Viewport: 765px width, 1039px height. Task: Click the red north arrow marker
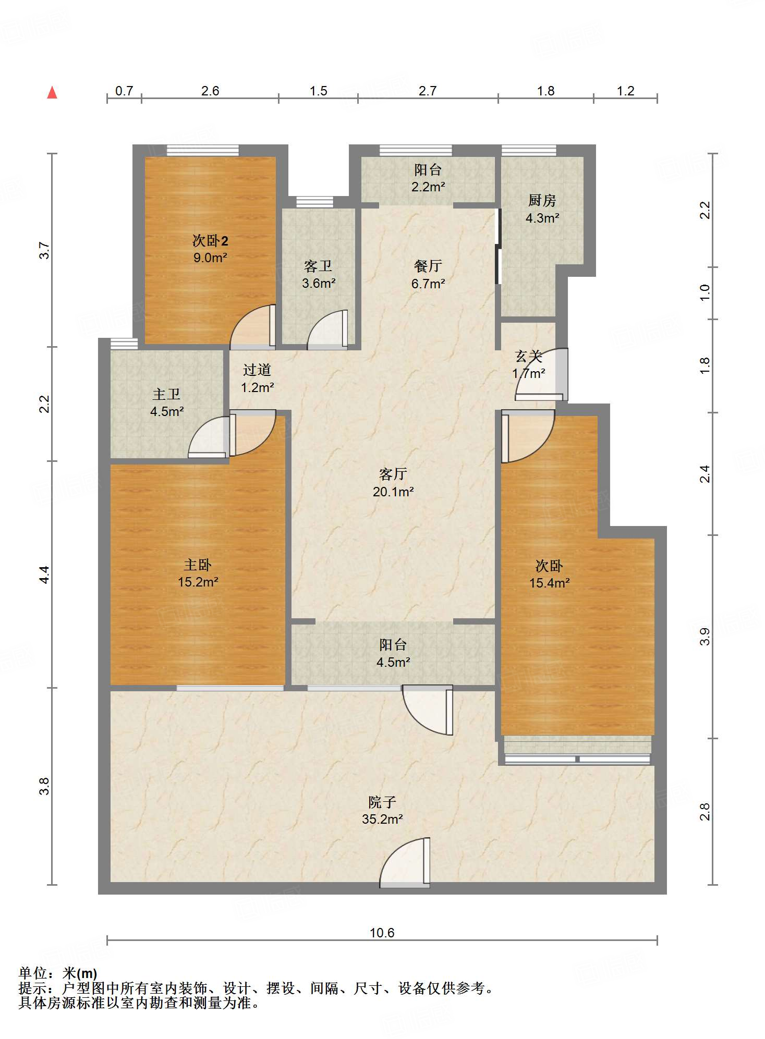coord(52,93)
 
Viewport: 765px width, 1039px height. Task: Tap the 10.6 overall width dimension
coord(382,933)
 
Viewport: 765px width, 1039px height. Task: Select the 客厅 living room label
coord(393,474)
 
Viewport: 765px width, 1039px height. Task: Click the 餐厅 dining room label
coord(428,266)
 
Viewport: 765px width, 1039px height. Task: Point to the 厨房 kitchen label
coord(542,200)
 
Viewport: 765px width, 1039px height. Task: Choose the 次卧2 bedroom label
coord(210,240)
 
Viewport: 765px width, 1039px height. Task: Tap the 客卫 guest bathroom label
coord(318,266)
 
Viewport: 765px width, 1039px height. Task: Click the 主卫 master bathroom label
coord(166,394)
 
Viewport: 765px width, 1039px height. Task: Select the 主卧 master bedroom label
coord(198,565)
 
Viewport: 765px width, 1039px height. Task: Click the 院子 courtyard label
coord(382,802)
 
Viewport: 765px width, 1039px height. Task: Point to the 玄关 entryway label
coord(529,356)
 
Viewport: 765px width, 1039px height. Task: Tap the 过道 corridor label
coord(257,370)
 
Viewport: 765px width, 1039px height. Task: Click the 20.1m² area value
coord(393,492)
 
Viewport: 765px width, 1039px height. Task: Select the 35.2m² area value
coord(382,819)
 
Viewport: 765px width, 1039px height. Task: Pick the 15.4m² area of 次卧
coord(550,583)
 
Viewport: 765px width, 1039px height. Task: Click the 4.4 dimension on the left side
coord(44,574)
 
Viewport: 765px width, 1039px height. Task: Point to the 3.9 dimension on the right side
coord(705,637)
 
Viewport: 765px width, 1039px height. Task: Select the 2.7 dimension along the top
coord(428,91)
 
